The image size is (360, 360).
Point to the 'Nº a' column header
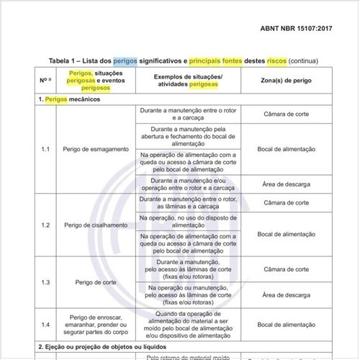[45, 79]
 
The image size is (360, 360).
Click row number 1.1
[45, 148]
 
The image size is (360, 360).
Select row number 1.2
[45, 225]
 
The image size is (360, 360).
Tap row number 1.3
[45, 282]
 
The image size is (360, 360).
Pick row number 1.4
[45, 325]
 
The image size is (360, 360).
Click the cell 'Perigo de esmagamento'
[96, 148]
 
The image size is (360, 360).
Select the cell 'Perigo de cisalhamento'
[96, 225]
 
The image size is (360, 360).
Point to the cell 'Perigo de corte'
[96, 282]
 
